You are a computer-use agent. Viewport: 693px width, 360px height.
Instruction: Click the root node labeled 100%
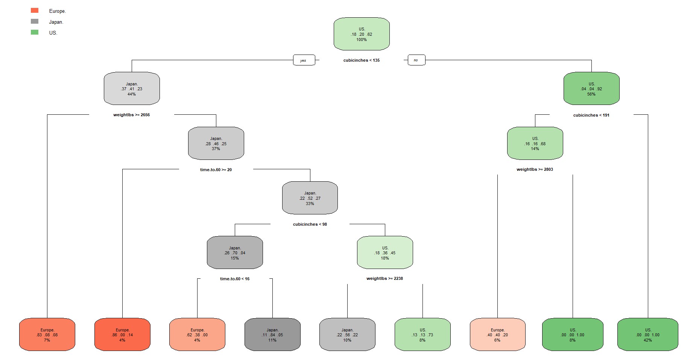click(x=362, y=34)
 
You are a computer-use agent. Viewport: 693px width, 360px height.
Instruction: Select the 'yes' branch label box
click(x=304, y=60)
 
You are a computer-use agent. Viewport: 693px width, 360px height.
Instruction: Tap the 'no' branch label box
click(x=416, y=60)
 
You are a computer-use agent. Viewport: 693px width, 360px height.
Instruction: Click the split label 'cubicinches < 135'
click(x=361, y=60)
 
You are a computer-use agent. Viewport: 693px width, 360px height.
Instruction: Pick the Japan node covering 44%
click(x=132, y=89)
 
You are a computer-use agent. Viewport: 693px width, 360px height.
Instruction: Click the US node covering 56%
click(x=591, y=89)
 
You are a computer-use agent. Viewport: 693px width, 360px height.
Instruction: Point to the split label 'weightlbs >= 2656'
click(x=131, y=115)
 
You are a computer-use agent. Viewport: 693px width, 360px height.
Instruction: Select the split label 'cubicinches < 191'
click(x=591, y=115)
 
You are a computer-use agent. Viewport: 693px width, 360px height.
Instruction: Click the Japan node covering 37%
click(x=216, y=143)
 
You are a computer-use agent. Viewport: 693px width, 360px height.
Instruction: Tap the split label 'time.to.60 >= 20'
click(x=216, y=170)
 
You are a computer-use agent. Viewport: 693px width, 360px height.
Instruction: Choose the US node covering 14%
click(x=535, y=143)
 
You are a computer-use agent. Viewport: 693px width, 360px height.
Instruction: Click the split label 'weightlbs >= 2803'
click(x=535, y=169)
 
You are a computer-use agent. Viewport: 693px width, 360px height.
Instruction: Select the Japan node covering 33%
click(x=310, y=198)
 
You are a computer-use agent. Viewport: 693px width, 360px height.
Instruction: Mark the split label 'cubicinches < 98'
click(x=310, y=224)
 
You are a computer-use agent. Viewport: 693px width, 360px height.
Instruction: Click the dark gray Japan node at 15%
click(x=235, y=253)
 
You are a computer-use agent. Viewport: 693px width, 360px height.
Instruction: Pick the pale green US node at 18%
click(x=385, y=253)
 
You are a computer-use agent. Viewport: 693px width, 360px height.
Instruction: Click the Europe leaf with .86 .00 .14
click(x=122, y=334)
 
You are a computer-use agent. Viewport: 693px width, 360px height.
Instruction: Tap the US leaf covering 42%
click(x=647, y=334)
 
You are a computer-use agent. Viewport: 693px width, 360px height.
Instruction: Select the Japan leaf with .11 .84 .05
click(x=272, y=334)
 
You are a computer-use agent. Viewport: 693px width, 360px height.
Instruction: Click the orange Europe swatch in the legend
click(x=35, y=11)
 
